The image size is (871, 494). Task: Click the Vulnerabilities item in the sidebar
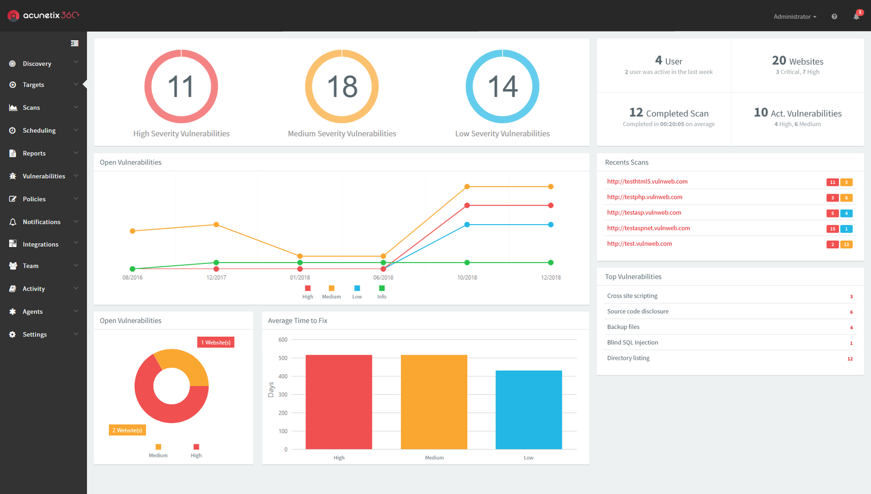(x=44, y=176)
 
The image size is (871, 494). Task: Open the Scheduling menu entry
(x=39, y=131)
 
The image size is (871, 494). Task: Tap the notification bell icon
(x=856, y=16)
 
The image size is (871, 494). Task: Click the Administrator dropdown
(x=795, y=17)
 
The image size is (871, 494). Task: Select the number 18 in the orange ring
(x=342, y=87)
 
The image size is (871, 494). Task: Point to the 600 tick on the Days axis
(x=283, y=339)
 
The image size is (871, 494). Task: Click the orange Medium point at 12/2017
(x=216, y=225)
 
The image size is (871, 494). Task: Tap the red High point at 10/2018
(x=467, y=206)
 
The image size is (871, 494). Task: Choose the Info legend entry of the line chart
(x=382, y=292)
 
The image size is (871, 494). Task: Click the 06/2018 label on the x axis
(x=383, y=277)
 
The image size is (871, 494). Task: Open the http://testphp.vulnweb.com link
(x=645, y=197)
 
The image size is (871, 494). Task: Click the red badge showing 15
(x=832, y=229)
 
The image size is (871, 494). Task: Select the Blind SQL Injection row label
(x=633, y=342)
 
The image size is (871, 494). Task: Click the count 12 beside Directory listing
(x=850, y=359)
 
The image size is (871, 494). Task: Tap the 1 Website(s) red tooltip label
(x=216, y=342)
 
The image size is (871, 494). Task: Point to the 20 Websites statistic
(x=798, y=61)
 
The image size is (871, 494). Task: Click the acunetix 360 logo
(x=44, y=16)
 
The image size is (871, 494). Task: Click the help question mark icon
(x=834, y=17)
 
